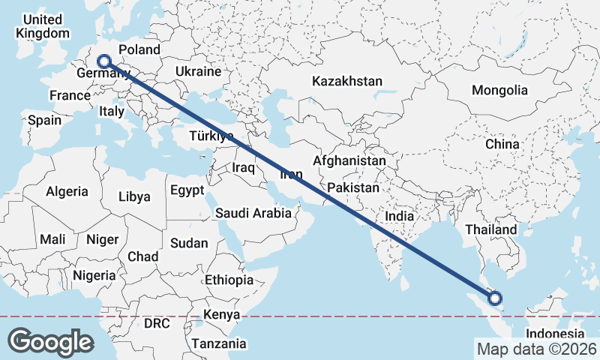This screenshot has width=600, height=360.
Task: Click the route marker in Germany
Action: coord(104,62)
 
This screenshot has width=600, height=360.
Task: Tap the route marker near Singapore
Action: coord(495,298)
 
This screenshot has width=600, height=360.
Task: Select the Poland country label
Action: coord(139,49)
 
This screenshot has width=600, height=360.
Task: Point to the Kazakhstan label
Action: coord(348,81)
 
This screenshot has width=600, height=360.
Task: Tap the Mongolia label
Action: coord(499,90)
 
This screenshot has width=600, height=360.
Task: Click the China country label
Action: coord(502,144)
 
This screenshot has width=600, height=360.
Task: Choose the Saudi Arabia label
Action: coord(253,213)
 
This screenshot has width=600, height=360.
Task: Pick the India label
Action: coord(400,216)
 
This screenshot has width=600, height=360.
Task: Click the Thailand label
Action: coord(491,229)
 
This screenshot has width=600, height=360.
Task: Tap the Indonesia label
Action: coord(554,334)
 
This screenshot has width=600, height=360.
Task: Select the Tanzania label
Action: coord(218,343)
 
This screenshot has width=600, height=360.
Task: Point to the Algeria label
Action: coord(67,192)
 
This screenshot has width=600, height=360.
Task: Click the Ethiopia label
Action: coord(229,280)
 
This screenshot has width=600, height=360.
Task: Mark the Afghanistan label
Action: coord(349,160)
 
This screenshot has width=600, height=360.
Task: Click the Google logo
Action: coord(50,342)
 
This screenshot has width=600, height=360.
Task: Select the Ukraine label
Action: coord(198,71)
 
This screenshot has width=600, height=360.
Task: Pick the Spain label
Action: coord(44,120)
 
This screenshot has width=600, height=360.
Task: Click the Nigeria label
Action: coord(94,275)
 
